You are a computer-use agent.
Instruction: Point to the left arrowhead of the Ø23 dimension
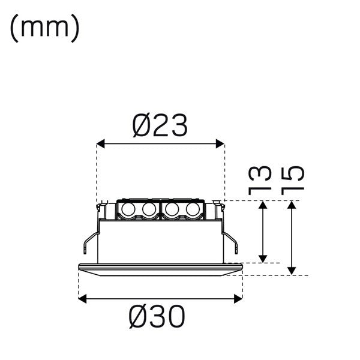100,143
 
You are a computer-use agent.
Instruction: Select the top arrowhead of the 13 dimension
262,205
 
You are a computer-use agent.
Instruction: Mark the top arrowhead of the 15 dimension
292,205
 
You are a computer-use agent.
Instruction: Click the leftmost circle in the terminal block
128,209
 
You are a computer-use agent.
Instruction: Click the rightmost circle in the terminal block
192,209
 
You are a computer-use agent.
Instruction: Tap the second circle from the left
148,209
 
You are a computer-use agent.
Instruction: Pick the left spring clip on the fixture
88,239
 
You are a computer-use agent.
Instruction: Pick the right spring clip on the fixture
231,239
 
